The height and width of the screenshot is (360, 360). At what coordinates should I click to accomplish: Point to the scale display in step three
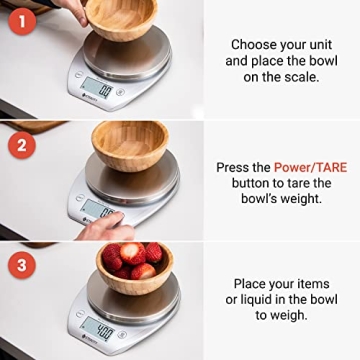99,327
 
